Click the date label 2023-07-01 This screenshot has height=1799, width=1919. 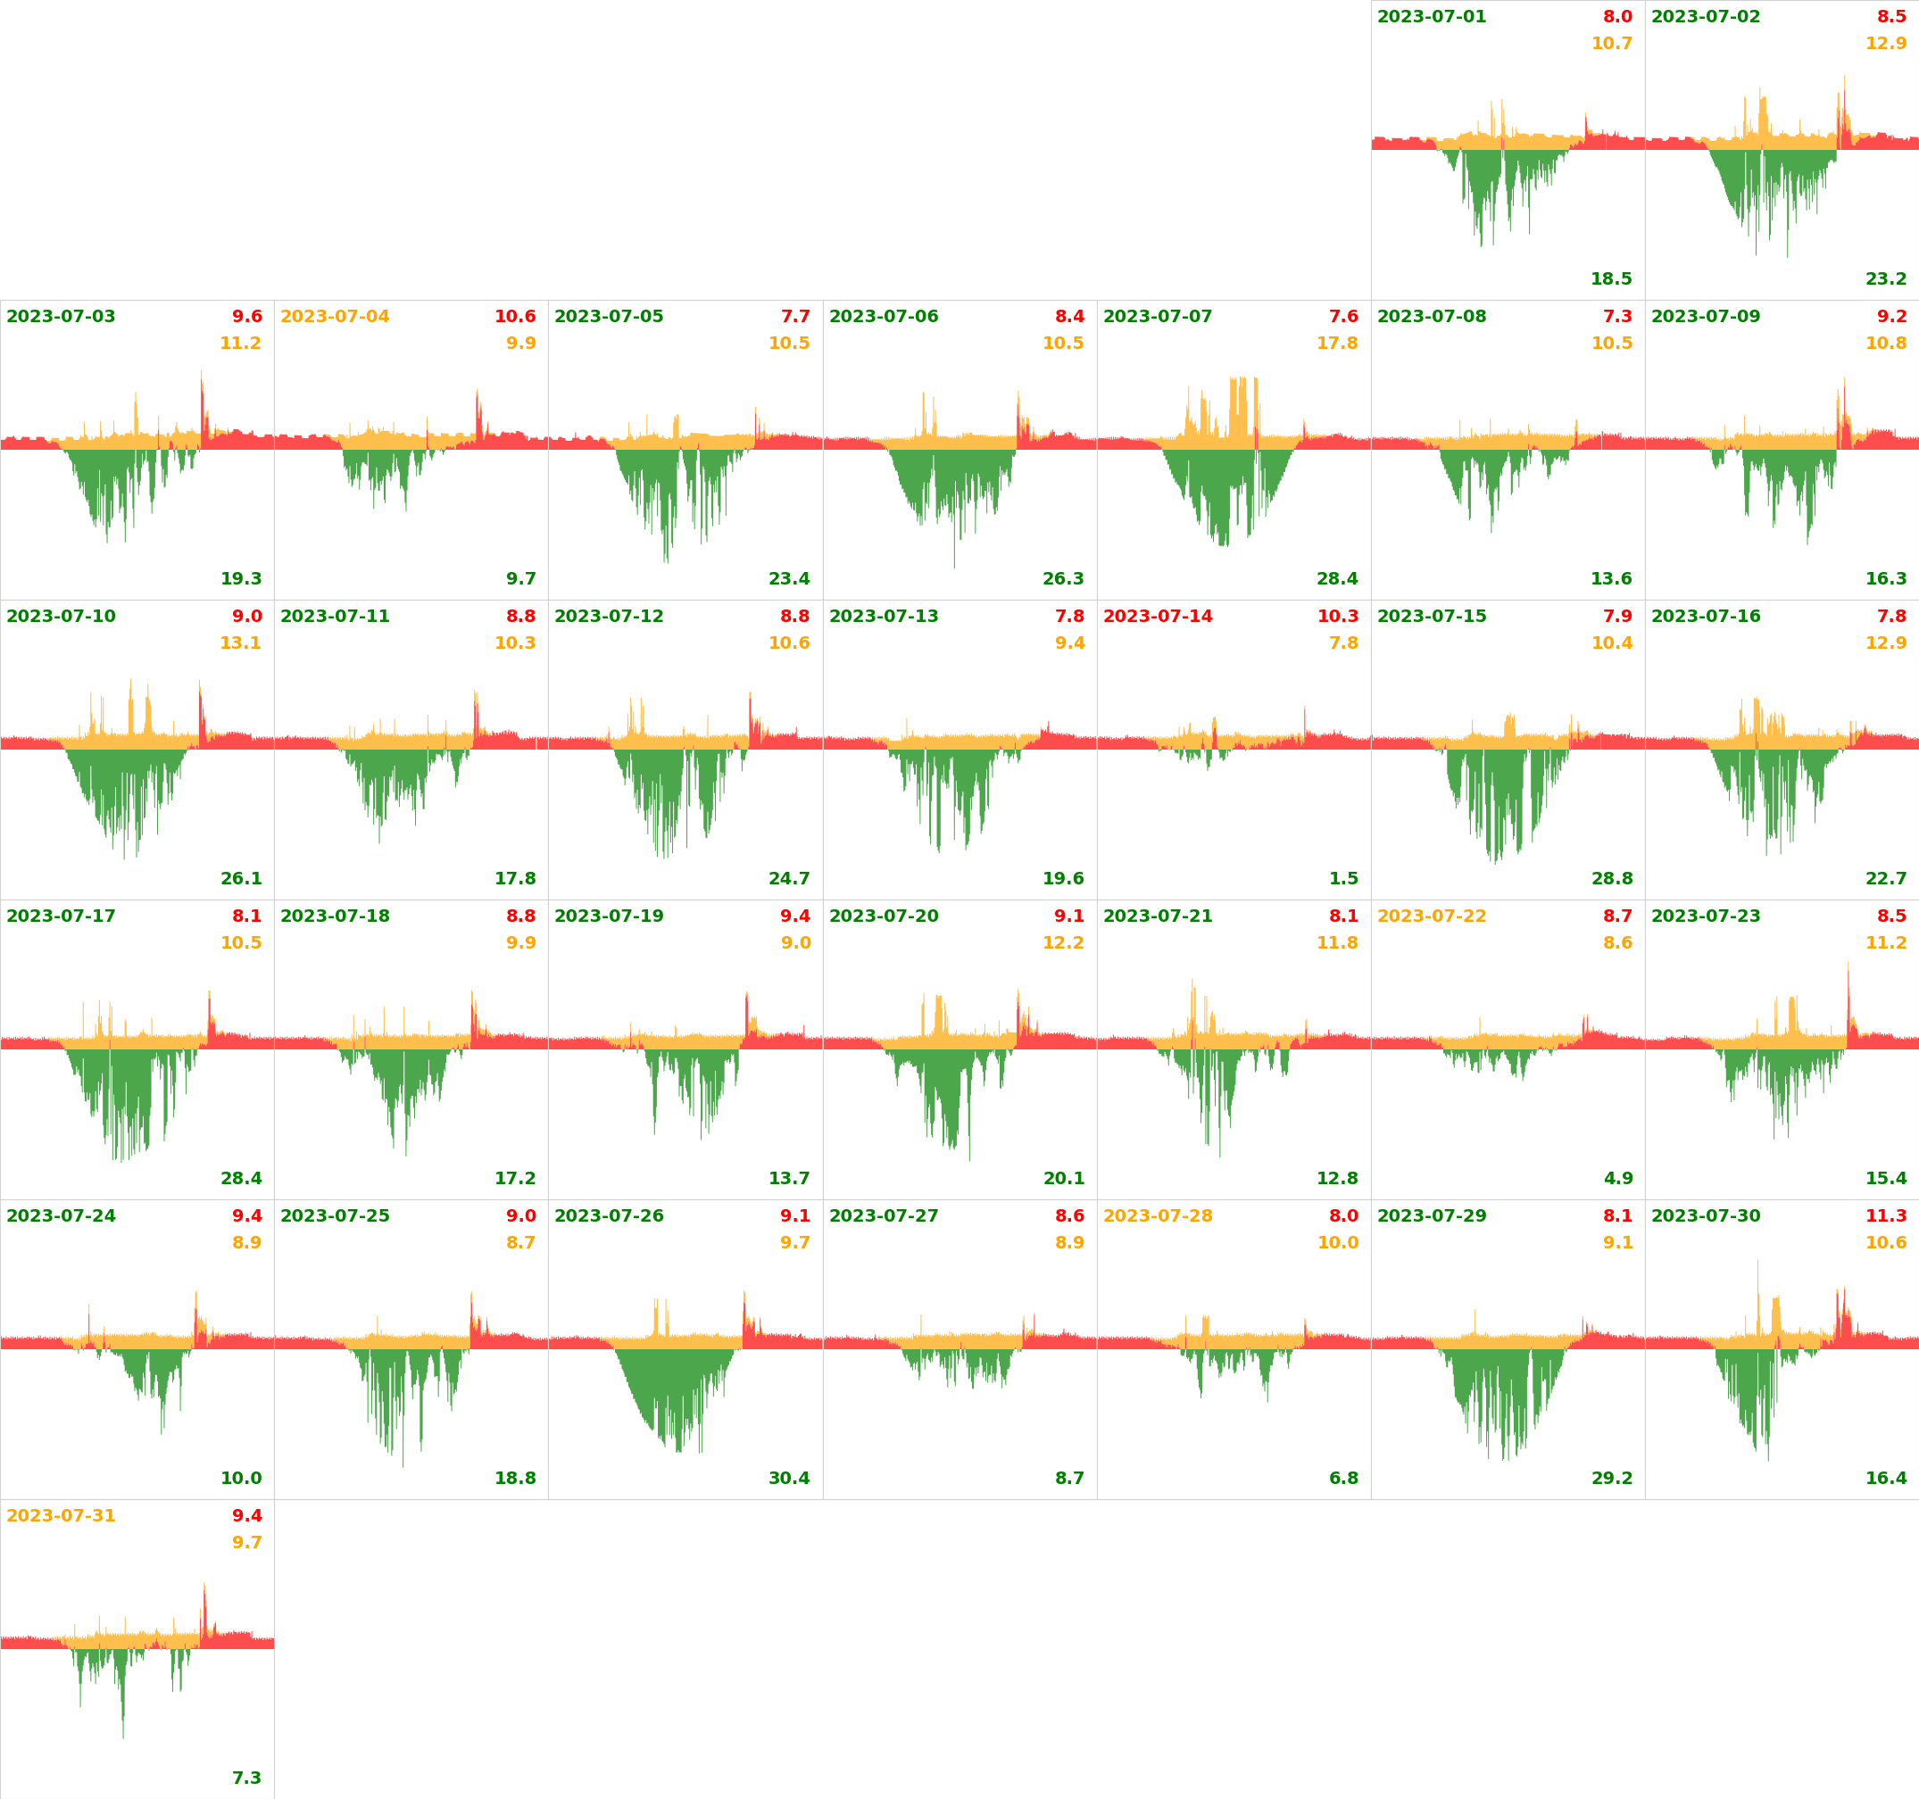[1432, 16]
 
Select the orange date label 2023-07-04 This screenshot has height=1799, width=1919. [335, 317]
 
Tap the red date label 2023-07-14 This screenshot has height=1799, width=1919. [1158, 616]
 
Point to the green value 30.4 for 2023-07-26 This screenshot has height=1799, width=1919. [789, 1478]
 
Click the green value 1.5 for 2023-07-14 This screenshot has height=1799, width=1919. [1342, 878]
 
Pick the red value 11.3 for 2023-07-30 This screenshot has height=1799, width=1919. [1885, 1215]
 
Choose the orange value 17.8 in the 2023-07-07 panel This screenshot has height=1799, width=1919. [1337, 343]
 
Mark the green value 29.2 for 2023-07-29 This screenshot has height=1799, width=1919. [1612, 1478]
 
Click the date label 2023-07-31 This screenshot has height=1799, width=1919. [61, 1515]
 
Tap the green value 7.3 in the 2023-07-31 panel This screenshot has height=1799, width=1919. [246, 1778]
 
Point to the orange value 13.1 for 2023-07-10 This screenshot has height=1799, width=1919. [240, 642]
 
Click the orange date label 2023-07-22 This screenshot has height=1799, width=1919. [1432, 916]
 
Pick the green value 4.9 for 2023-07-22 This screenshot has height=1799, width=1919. [1618, 1179]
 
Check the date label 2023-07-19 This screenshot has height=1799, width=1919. [609, 916]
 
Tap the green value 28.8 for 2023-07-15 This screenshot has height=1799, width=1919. [1612, 878]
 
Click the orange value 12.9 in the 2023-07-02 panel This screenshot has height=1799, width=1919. [1885, 44]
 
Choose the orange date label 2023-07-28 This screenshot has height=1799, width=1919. [1158, 1215]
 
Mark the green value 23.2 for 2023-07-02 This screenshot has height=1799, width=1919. [1885, 279]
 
